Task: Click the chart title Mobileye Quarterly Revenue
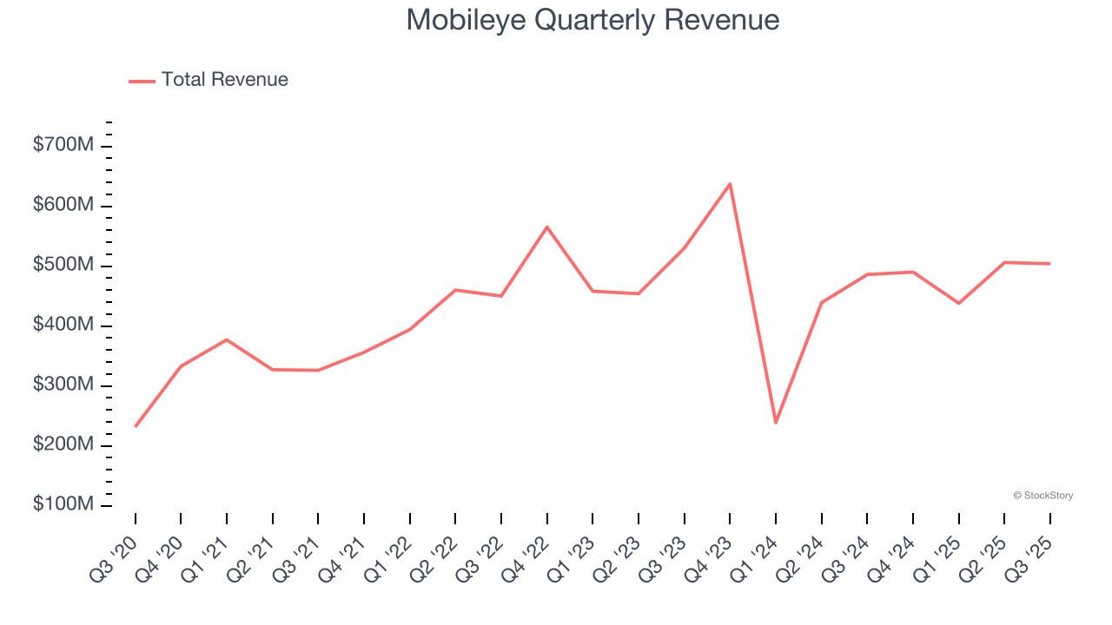point(592,20)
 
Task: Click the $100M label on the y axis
point(63,504)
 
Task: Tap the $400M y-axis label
point(63,325)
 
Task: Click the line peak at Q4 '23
point(730,183)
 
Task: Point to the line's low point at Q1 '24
point(776,423)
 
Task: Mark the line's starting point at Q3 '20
point(136,426)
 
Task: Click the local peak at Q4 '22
point(547,227)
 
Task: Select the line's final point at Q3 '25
point(1049,263)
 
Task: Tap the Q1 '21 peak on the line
point(227,339)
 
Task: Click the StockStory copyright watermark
point(1042,496)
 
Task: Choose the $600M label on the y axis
point(63,205)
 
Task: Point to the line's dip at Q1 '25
point(958,303)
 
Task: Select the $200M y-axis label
point(63,444)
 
